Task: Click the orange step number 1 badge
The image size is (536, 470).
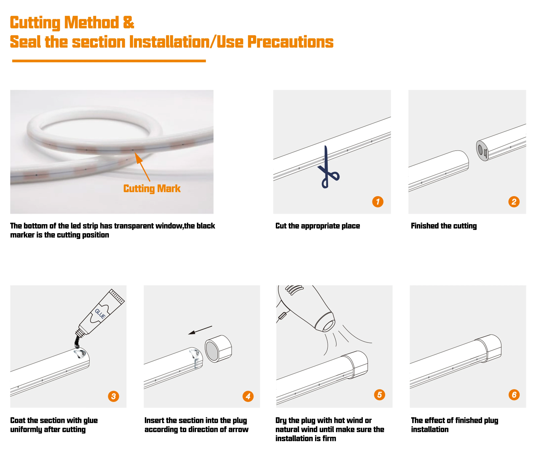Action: (x=378, y=202)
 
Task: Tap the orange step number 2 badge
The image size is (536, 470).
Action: (x=514, y=202)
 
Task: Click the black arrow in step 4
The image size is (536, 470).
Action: (x=200, y=330)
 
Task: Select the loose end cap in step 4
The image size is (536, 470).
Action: (x=218, y=349)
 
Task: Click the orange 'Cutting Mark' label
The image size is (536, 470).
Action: (x=152, y=189)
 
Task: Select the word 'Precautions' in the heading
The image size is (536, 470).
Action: (x=290, y=42)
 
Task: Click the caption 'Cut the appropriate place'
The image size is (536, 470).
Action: (x=318, y=226)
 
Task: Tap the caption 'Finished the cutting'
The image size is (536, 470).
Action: (x=444, y=226)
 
